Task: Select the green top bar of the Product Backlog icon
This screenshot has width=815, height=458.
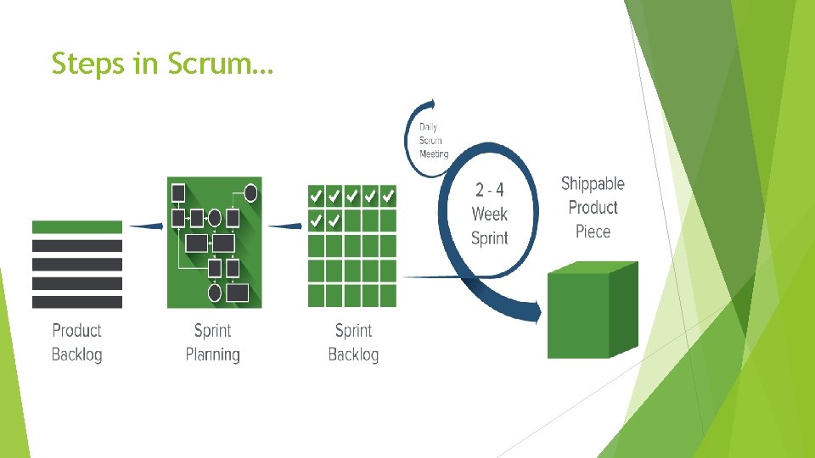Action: point(77,226)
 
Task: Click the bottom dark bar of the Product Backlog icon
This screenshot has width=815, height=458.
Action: point(77,302)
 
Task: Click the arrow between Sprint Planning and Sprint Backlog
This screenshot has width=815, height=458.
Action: point(285,226)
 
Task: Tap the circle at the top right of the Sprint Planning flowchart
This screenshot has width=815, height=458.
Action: point(250,193)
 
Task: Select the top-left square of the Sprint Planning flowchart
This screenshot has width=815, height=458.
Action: point(178,193)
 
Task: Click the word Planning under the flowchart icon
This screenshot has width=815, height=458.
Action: point(212,354)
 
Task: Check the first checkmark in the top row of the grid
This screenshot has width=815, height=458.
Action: point(315,196)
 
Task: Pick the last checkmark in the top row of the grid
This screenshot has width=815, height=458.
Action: point(388,196)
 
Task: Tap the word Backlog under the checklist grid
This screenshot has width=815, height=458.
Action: point(353,354)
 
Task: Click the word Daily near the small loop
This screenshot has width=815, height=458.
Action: point(429,127)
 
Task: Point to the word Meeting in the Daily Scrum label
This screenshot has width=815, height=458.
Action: point(434,154)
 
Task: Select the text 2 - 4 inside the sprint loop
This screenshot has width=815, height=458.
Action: point(490,190)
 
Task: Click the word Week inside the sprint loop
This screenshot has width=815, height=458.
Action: point(490,214)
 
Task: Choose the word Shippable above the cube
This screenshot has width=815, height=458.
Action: point(593,184)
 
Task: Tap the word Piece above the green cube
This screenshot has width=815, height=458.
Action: point(593,232)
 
